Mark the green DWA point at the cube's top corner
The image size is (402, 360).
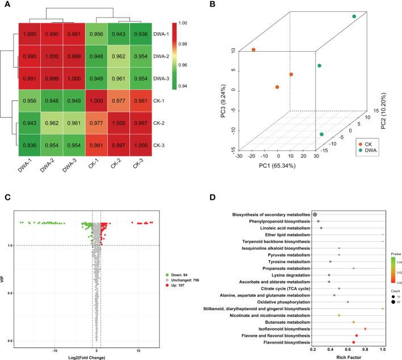tap(354, 16)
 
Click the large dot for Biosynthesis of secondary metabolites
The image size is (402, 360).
tap(315, 214)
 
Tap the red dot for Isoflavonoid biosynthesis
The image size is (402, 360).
tap(365, 329)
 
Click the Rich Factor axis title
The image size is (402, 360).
tap(349, 356)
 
